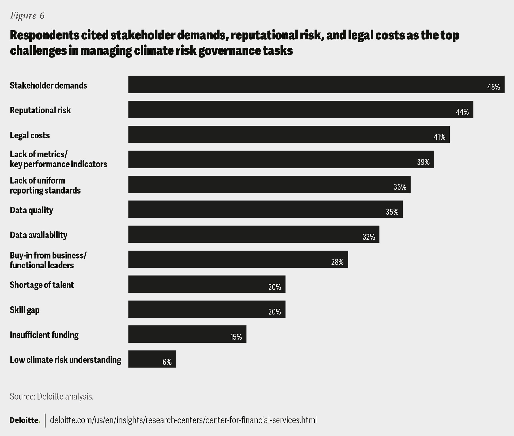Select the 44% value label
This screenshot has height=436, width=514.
tap(462, 112)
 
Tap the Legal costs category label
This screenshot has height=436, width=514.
tap(30, 135)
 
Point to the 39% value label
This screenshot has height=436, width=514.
tap(423, 162)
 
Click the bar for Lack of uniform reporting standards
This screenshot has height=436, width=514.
tap(269, 184)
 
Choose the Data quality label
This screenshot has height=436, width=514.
tap(31, 210)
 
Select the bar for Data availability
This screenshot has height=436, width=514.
tap(254, 234)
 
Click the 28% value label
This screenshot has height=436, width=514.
tap(337, 262)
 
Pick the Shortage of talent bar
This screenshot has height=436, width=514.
tap(207, 284)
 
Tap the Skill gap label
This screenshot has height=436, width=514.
tap(25, 310)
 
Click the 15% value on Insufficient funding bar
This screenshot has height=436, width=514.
tap(236, 337)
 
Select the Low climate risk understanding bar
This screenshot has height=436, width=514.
tap(152, 359)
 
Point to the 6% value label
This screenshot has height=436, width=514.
tap(167, 362)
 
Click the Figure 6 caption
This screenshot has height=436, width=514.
tap(27, 16)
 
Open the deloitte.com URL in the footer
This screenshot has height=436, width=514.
tap(183, 420)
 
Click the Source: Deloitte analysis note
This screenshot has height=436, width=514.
tap(51, 396)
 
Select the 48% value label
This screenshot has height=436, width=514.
tap(493, 87)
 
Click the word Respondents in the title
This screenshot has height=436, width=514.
tap(44, 35)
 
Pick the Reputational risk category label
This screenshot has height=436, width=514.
tap(40, 110)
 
